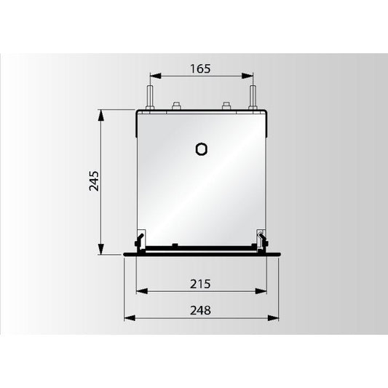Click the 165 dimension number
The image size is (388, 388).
[201, 69]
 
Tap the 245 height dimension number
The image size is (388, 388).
[93, 181]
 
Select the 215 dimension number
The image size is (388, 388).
[201, 282]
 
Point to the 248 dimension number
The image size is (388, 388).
[201, 310]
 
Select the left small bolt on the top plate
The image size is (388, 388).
[175, 106]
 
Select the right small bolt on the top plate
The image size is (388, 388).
[227, 106]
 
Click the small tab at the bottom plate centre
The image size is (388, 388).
[175, 245]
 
